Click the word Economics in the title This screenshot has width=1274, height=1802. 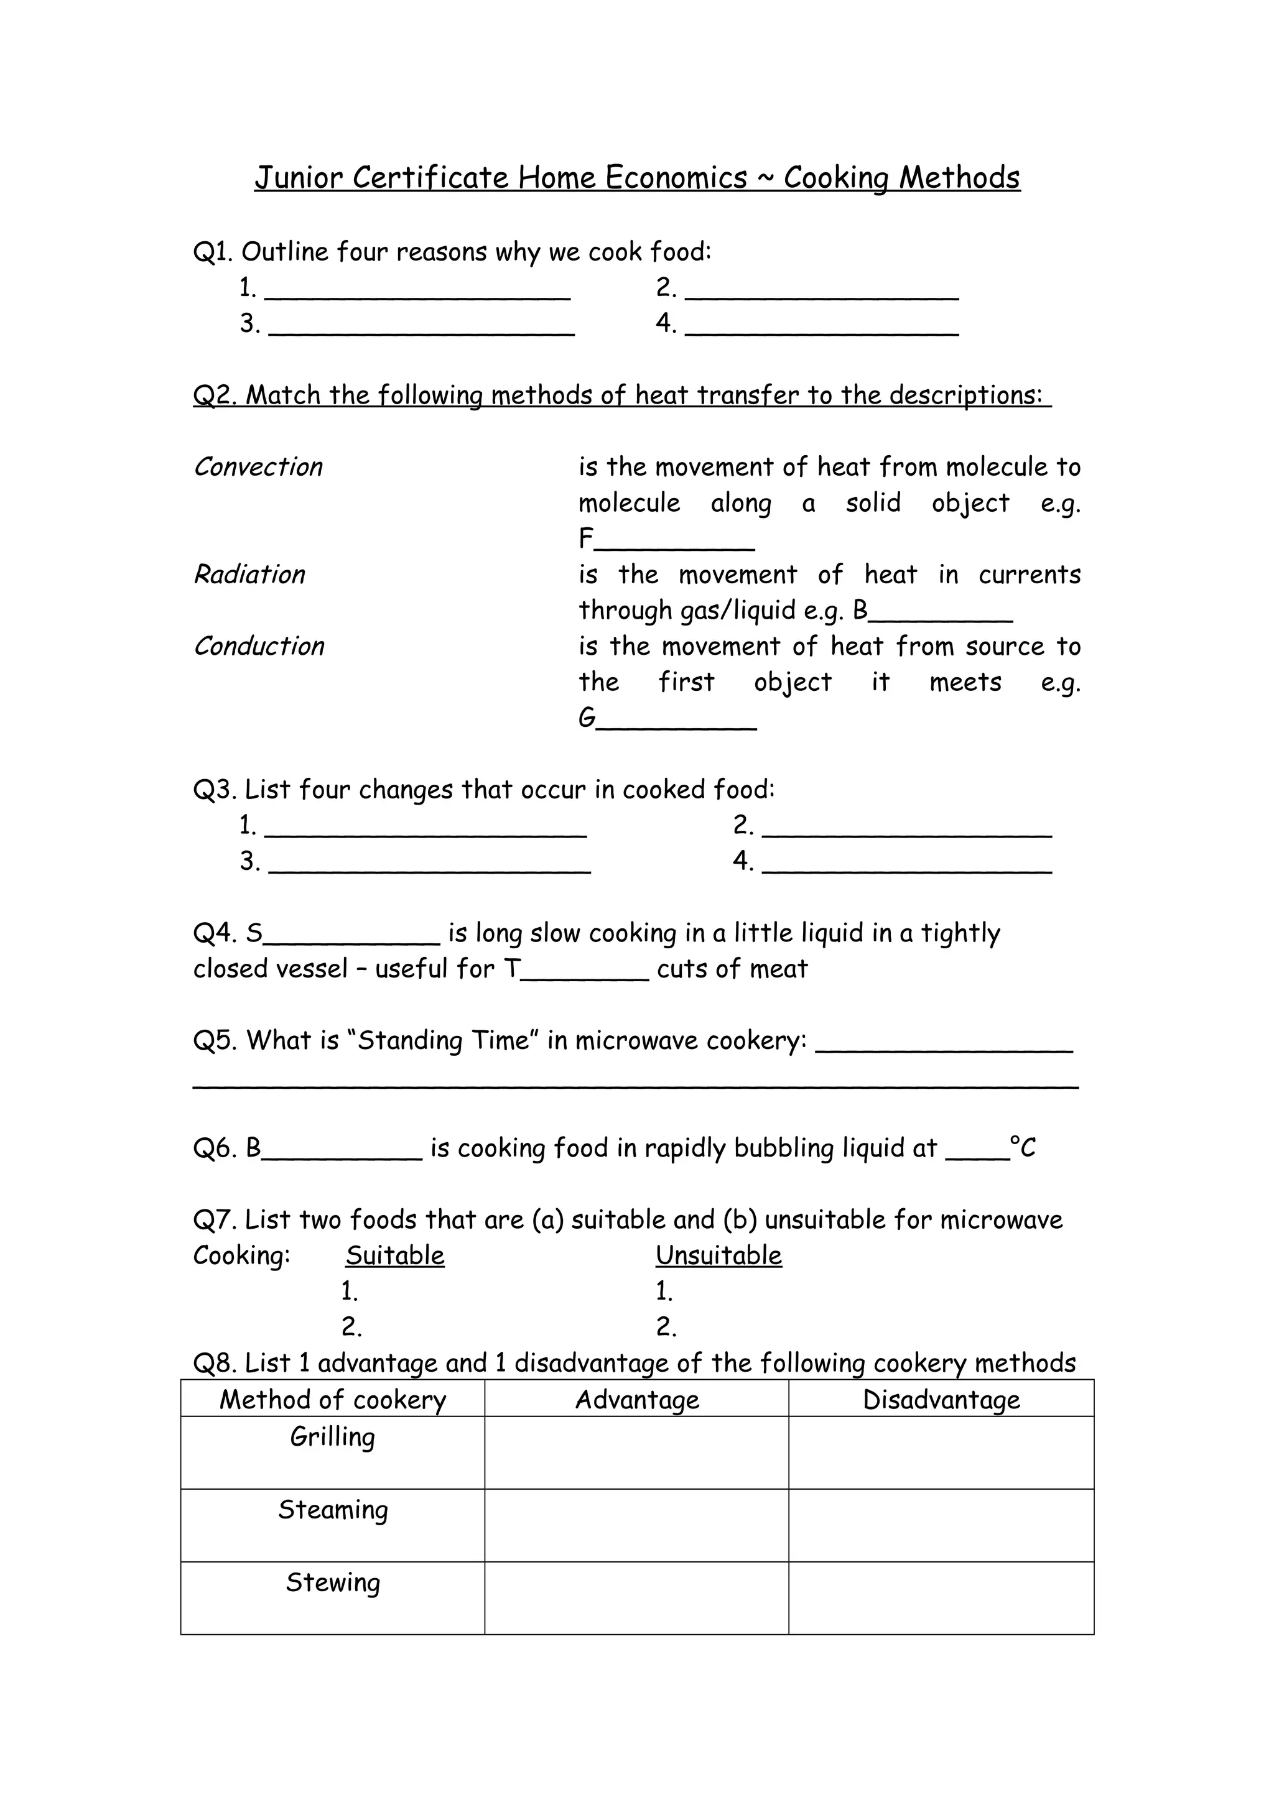coord(676,178)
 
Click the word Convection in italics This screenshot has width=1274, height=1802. coord(258,467)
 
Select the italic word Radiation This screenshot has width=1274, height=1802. coord(249,575)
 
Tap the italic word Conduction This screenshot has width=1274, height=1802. coord(259,646)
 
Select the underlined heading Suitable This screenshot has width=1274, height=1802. coord(395,1256)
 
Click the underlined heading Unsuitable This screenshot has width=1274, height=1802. coord(718,1256)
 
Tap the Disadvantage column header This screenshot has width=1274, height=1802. coord(941,1400)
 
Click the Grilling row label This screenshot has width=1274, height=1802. coord(332,1437)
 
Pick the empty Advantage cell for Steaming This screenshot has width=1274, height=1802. coord(636,1526)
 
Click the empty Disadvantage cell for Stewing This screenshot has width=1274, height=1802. coord(941,1598)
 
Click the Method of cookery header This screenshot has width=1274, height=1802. coord(332,1400)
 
